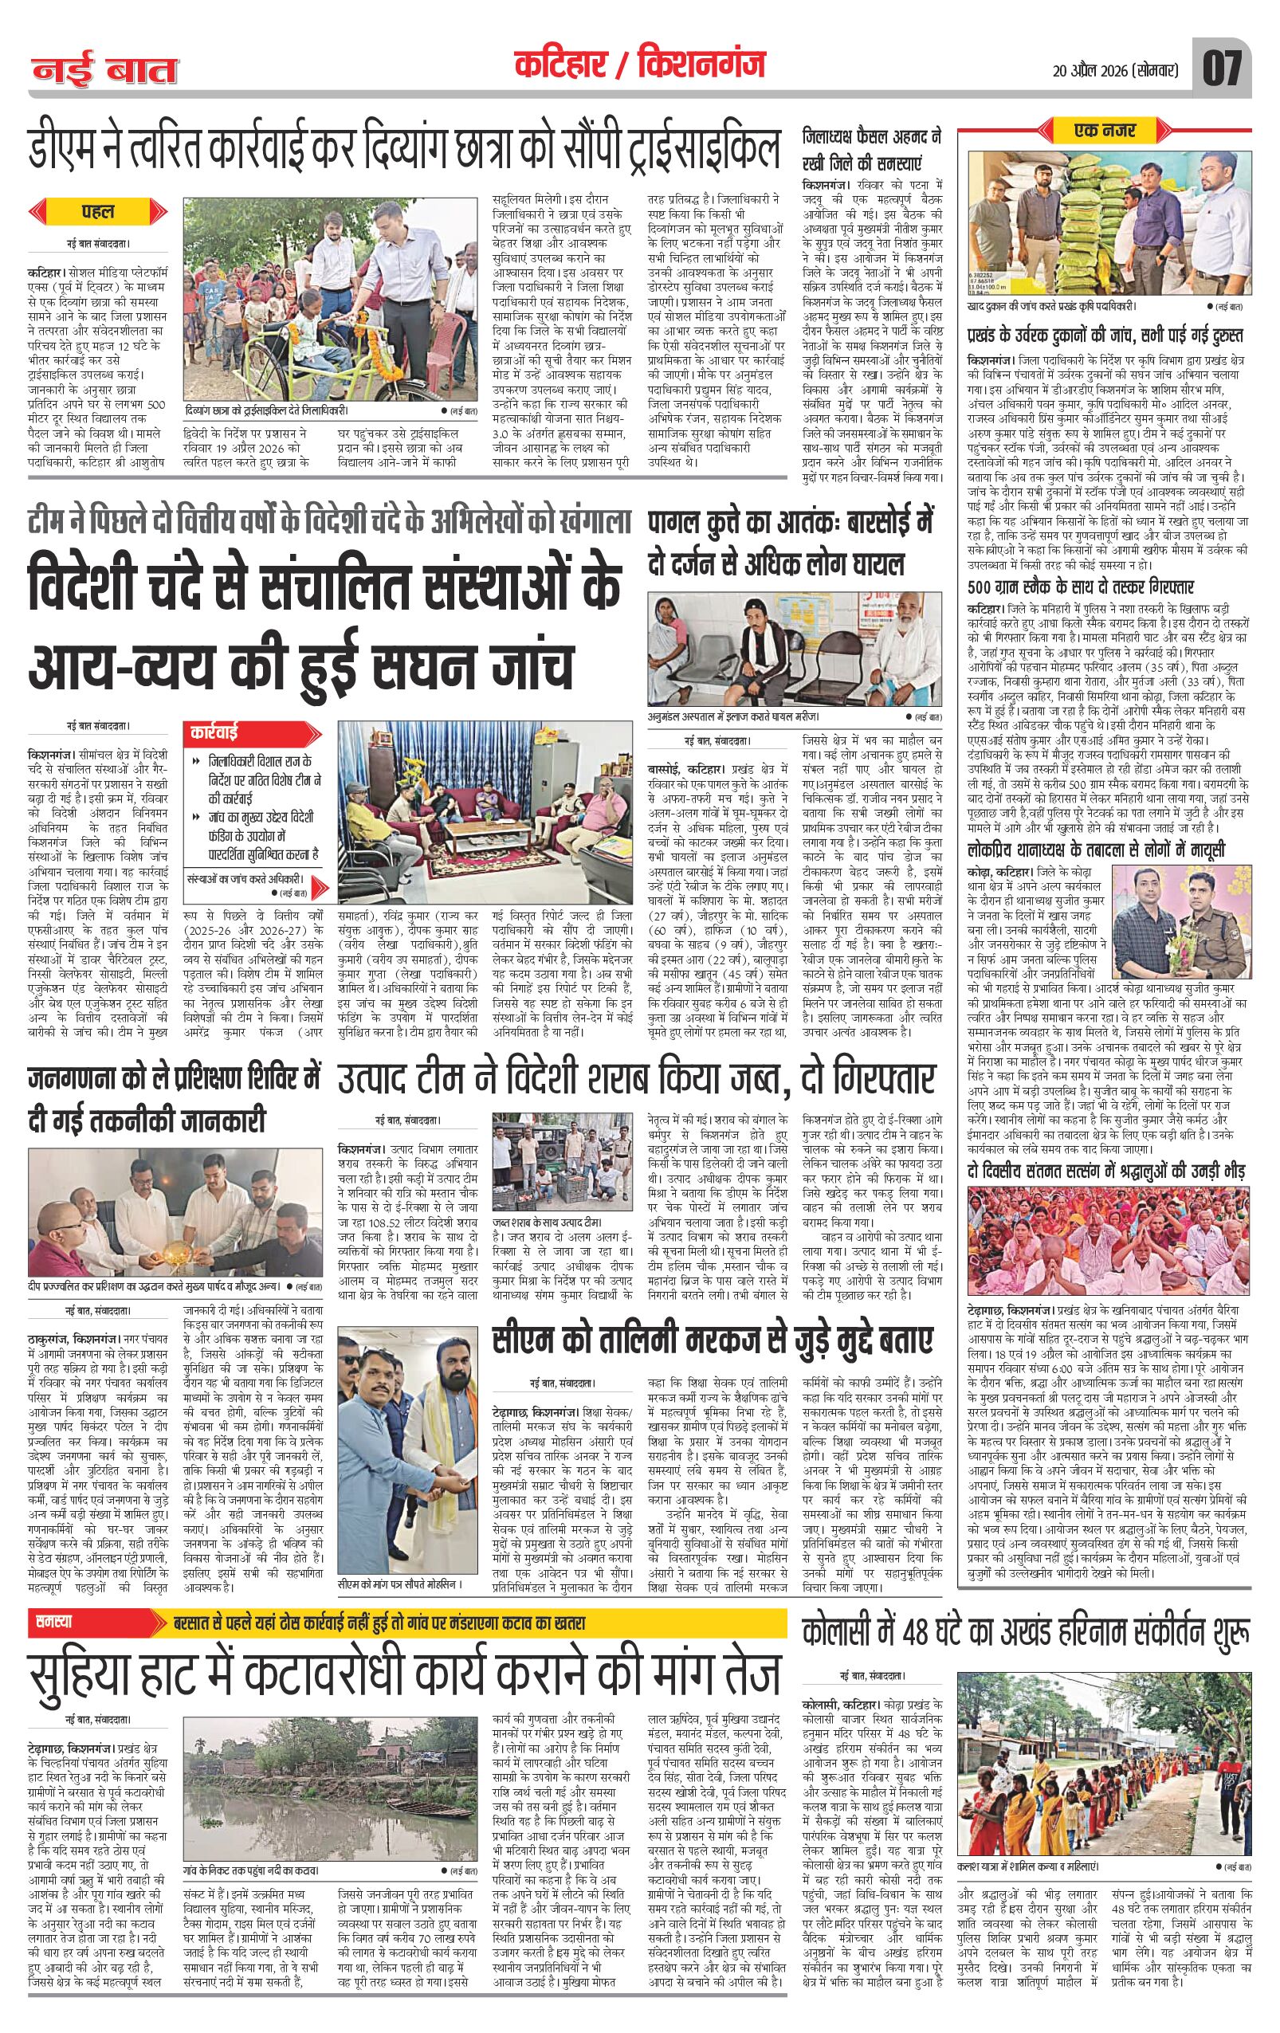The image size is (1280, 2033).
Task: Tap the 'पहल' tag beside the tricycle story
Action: click(x=99, y=211)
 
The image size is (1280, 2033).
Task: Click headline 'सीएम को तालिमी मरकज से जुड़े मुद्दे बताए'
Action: click(x=713, y=1340)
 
